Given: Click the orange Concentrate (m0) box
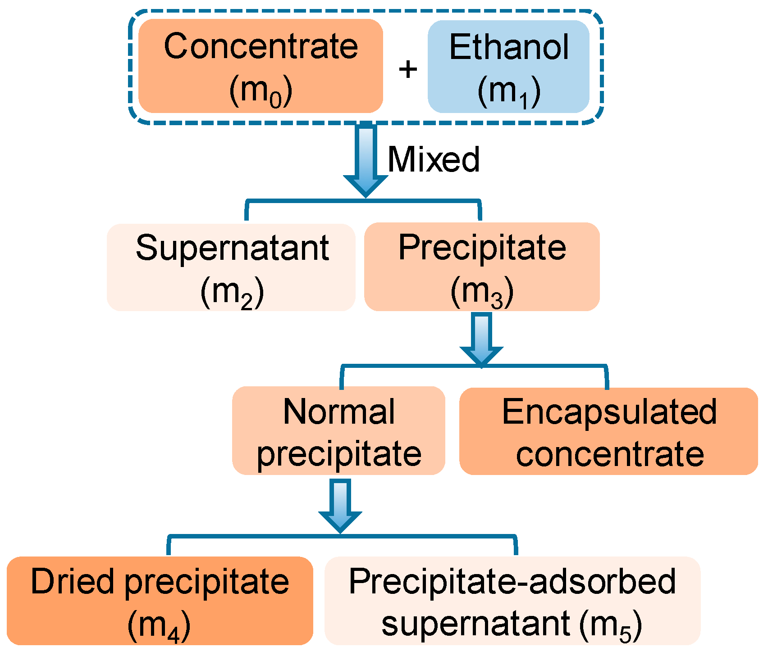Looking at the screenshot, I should coord(261,66).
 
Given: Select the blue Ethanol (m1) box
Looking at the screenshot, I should coord(508,67).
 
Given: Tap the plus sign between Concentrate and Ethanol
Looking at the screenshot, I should coord(408,69).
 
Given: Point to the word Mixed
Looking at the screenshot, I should coord(434,159).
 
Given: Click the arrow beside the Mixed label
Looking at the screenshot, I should coord(366,160).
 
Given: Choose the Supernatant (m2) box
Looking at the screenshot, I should coord(231,267).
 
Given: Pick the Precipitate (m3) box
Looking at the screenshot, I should coord(482,267).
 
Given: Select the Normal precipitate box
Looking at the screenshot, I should coord(338,431).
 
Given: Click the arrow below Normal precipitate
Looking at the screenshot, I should coord(340,504).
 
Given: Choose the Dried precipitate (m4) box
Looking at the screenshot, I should coord(160,601).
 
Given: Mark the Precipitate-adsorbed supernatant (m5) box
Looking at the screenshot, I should coord(512,601).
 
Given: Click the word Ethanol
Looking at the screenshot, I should coord(509,47).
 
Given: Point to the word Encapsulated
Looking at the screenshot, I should coord(609,412).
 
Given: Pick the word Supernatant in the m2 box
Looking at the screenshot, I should coord(232,248).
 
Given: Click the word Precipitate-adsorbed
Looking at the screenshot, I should coord(512,581).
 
